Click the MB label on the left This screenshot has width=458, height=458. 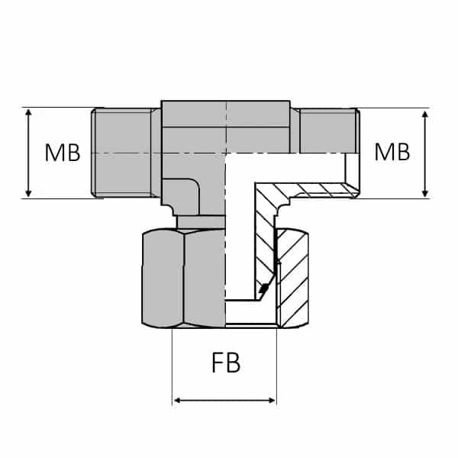pos(62,153)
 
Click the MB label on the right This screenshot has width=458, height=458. pos(392,152)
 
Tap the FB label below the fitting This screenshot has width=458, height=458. pos(225,363)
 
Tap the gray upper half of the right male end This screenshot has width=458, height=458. pos(327,130)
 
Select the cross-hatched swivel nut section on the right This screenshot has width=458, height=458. pos(294,279)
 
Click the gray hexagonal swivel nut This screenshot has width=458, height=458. pos(183,279)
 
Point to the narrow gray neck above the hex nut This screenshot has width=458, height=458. pos(200,221)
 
